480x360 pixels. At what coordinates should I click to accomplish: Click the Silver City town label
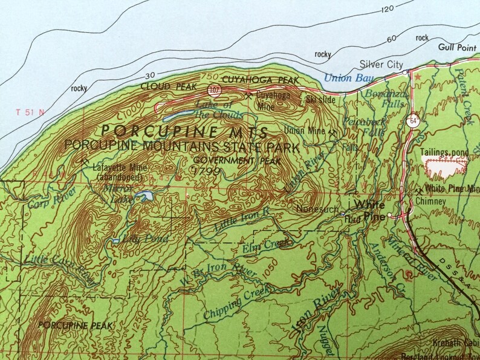coord(380,64)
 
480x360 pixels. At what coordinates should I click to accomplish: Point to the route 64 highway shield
coord(411,119)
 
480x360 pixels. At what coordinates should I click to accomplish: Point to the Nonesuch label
coord(313,209)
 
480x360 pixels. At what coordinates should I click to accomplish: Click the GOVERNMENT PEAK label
coord(222,161)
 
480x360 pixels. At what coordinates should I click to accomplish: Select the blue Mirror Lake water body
coord(144,196)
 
